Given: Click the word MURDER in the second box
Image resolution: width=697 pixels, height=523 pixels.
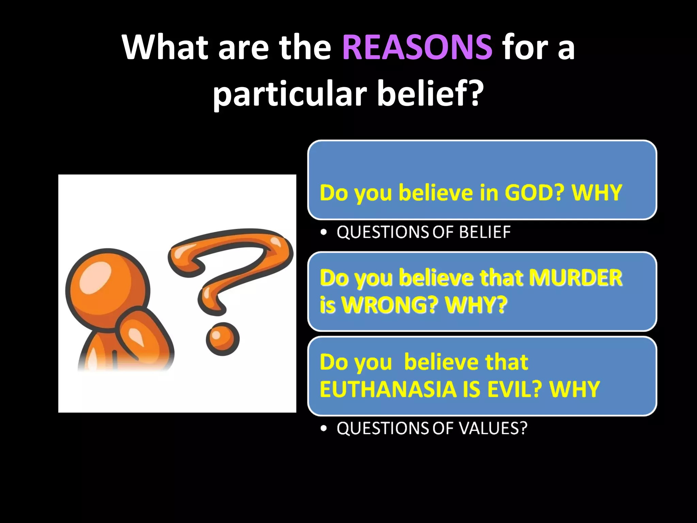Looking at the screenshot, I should (x=575, y=278).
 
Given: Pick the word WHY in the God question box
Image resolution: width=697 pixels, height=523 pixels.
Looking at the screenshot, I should (x=597, y=193).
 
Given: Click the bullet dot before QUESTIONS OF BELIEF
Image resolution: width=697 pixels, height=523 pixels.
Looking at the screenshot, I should (x=324, y=233).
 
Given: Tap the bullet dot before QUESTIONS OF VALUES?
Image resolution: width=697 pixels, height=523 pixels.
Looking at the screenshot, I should (x=324, y=428).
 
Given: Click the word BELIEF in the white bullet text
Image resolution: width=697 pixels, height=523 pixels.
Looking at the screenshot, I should (x=485, y=233).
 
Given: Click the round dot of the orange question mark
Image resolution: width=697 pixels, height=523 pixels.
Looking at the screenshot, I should (x=223, y=339).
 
